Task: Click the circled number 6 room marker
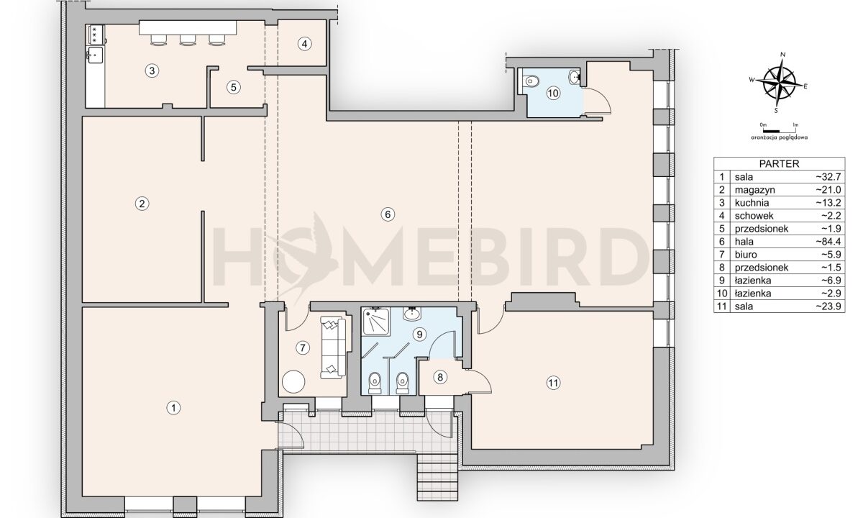(388, 214)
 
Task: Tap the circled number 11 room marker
(553, 383)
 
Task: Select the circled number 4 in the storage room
(304, 44)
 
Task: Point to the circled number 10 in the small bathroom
(553, 94)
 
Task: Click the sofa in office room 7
(333, 348)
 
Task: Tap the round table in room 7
(293, 381)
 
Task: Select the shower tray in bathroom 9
(375, 321)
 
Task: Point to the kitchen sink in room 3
(95, 55)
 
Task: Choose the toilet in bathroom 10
(531, 81)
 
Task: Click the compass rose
(779, 83)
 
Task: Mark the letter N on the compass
(783, 55)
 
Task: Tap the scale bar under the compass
(771, 132)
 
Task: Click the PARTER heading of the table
(779, 164)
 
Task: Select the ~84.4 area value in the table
(828, 242)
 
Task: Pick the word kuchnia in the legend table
(752, 203)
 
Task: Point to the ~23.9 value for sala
(828, 306)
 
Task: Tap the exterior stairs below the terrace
(437, 476)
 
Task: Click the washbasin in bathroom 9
(412, 314)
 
